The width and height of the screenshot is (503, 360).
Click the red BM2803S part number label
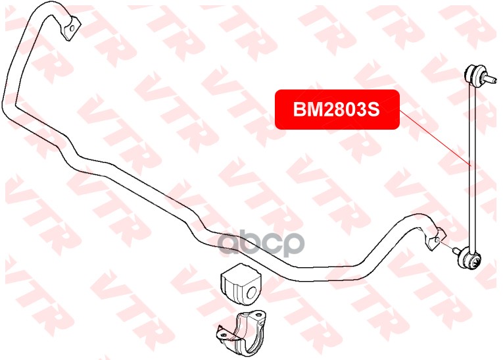point(336,109)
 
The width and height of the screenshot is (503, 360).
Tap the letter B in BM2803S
point(299,110)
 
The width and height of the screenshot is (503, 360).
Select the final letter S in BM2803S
point(374,110)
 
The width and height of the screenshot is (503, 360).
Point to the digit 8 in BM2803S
point(336,110)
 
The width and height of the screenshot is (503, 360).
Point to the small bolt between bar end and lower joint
point(454,249)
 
